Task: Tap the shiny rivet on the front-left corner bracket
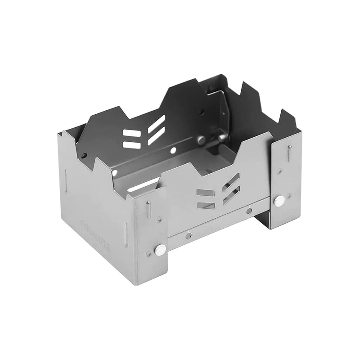(160, 249)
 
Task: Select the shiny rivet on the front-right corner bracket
(279, 201)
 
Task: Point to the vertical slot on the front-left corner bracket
(148, 210)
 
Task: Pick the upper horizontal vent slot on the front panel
(205, 193)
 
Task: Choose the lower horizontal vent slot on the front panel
(205, 205)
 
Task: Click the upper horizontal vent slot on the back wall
(130, 134)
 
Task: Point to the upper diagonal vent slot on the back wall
(156, 123)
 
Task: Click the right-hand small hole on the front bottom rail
(249, 211)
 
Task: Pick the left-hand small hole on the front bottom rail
(188, 234)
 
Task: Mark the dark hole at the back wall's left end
(84, 156)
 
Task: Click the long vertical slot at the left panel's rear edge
(66, 182)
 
